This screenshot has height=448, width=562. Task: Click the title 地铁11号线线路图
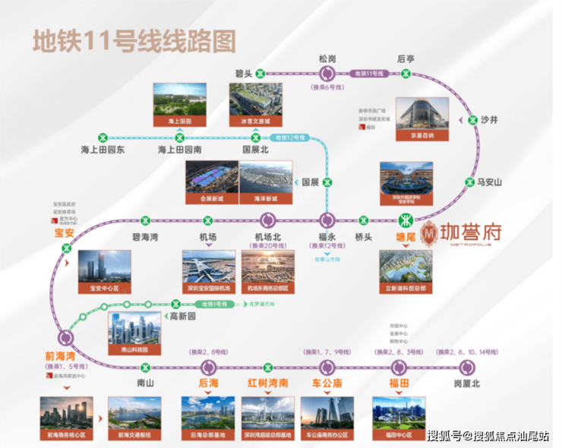[x=134, y=41]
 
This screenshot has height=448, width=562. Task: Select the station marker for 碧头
[x=260, y=74]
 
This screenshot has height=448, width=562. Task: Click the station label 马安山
[x=489, y=181]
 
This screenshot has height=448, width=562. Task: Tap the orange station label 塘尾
[x=408, y=237]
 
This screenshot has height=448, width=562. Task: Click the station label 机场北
[x=268, y=237]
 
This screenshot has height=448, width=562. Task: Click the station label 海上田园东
[x=103, y=150]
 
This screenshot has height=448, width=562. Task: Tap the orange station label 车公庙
[x=327, y=383]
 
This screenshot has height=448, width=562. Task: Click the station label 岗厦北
[x=466, y=383]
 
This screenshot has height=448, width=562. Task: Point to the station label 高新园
[x=183, y=316]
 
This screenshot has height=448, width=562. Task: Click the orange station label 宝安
[x=64, y=232]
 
